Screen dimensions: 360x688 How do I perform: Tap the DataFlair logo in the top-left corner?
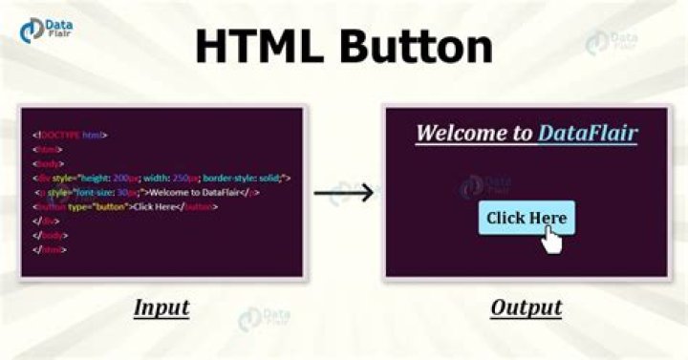click(x=44, y=30)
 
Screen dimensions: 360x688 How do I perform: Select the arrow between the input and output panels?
click(x=343, y=194)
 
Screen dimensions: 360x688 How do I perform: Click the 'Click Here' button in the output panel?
click(x=526, y=218)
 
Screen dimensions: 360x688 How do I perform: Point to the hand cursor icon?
click(x=551, y=240)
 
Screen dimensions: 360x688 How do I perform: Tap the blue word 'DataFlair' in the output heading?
click(x=587, y=132)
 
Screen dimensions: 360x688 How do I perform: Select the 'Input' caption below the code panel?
click(x=161, y=307)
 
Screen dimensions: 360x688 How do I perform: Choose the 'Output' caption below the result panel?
click(x=526, y=307)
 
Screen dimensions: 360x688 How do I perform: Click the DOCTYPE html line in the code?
click(x=71, y=136)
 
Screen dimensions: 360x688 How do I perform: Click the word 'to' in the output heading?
click(x=522, y=132)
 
